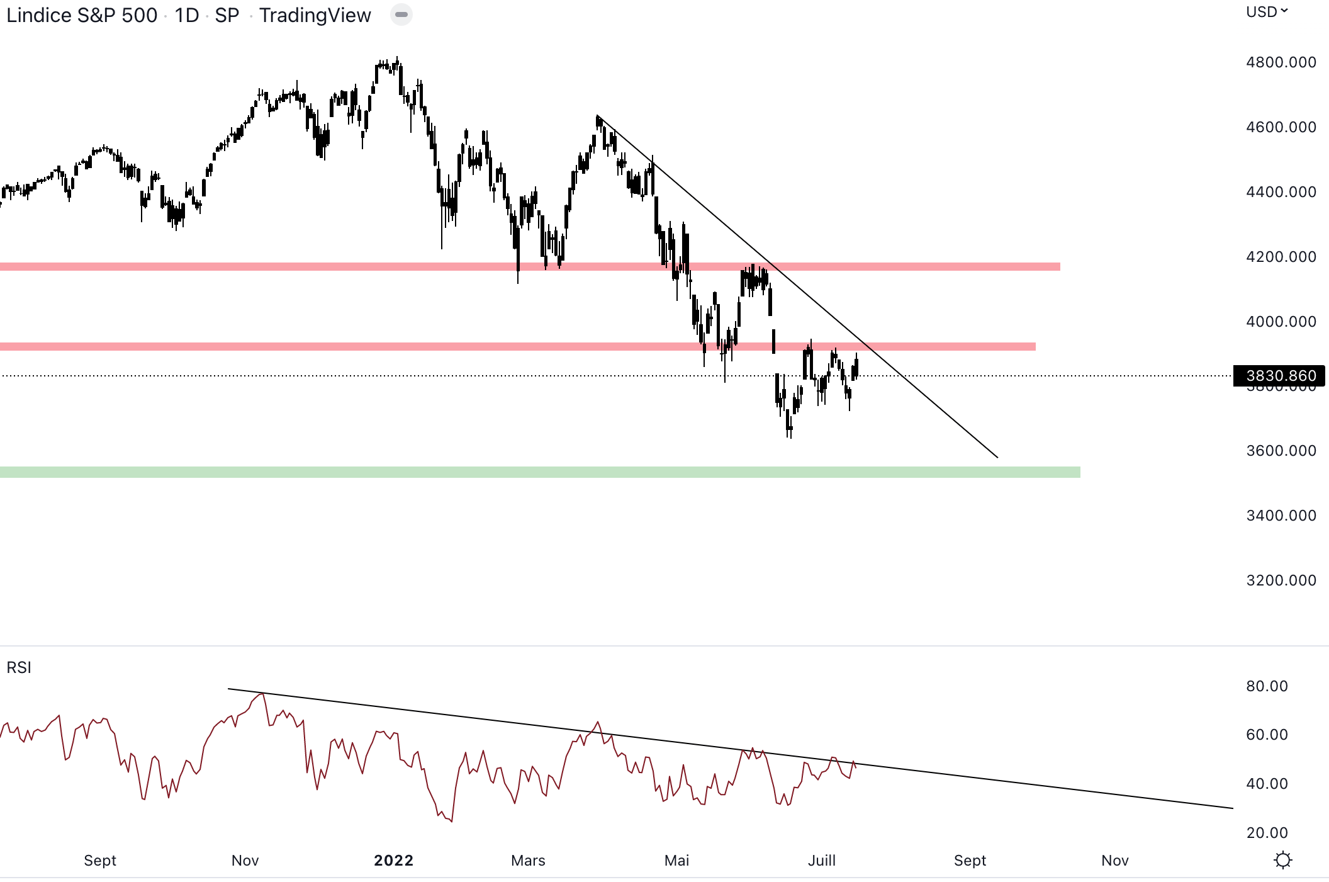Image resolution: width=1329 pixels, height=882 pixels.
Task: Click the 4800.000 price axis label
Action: click(x=1281, y=62)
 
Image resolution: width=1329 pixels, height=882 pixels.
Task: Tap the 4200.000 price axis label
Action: click(x=1281, y=257)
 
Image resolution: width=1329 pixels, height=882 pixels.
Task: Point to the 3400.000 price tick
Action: click(x=1281, y=516)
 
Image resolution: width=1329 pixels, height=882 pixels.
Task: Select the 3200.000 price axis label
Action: click(x=1281, y=580)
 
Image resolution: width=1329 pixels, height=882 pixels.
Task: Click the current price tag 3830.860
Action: click(x=1280, y=376)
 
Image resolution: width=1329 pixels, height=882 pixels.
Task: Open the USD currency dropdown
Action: click(x=1267, y=12)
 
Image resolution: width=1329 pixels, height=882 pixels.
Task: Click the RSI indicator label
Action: click(x=19, y=667)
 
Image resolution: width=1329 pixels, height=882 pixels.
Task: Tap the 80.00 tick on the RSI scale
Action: click(x=1267, y=686)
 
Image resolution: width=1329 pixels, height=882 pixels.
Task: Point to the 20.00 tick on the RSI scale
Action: click(x=1267, y=833)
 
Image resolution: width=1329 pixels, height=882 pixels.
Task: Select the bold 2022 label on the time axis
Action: click(x=393, y=861)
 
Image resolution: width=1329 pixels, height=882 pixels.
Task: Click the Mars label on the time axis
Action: click(x=528, y=861)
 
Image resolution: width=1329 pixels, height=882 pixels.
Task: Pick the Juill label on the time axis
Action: click(x=821, y=861)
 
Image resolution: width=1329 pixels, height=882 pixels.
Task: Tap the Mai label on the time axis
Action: click(x=676, y=861)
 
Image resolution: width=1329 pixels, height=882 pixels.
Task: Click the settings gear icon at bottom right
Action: click(x=1282, y=860)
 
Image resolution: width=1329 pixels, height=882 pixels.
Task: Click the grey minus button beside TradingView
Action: click(x=401, y=14)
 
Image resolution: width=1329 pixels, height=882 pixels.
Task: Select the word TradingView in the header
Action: click(x=315, y=15)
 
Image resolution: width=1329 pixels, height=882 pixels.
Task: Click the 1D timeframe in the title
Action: click(x=187, y=15)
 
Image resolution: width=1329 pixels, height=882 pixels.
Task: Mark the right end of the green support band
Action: click(x=1079, y=472)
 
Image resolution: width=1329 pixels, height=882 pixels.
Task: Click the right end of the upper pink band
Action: click(x=1058, y=267)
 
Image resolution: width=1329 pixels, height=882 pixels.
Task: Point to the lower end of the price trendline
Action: click(x=997, y=457)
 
